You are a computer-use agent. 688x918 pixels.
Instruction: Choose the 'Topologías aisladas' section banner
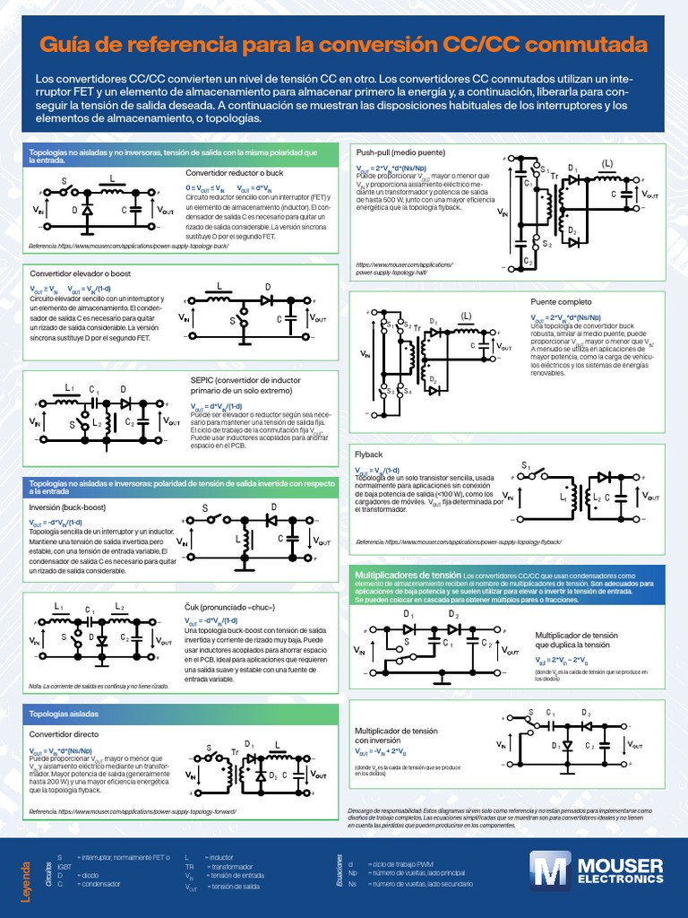64,714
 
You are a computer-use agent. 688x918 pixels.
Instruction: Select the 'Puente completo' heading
561,302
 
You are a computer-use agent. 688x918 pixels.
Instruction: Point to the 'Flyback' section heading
368,455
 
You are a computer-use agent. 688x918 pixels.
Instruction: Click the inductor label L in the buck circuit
112,178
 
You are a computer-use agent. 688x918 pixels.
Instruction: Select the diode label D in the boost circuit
266,287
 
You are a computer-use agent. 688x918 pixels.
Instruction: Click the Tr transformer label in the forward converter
236,751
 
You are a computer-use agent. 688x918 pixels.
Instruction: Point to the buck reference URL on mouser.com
129,245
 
